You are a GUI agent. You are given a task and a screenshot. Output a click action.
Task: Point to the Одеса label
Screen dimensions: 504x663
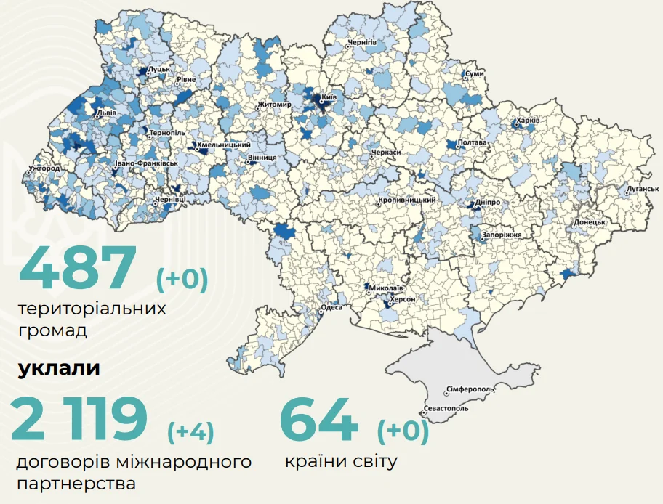click(331, 308)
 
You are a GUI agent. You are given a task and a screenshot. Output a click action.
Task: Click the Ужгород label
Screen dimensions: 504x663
click(44, 168)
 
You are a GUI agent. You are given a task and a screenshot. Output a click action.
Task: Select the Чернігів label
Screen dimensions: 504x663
click(361, 44)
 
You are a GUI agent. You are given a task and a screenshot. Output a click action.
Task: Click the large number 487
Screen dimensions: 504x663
click(78, 267)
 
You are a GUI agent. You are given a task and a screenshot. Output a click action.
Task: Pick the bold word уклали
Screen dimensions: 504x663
click(59, 368)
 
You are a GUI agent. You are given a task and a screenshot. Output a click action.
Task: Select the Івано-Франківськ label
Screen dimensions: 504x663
click(147, 164)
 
